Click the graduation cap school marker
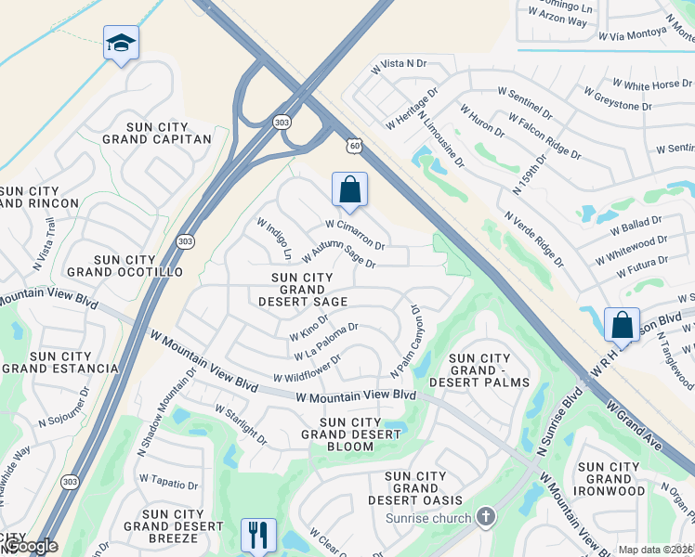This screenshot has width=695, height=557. pos(121,44)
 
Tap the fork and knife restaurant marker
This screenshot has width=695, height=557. pos(258,535)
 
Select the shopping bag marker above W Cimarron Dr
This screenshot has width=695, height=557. pos(349,189)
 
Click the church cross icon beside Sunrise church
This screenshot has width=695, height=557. pos(485,516)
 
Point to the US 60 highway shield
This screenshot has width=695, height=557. pos(353,146)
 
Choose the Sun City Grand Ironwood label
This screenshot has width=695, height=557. pos(610,479)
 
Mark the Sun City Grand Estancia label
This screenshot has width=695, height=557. pos(60,362)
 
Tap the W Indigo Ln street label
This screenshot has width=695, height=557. pos(275,240)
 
